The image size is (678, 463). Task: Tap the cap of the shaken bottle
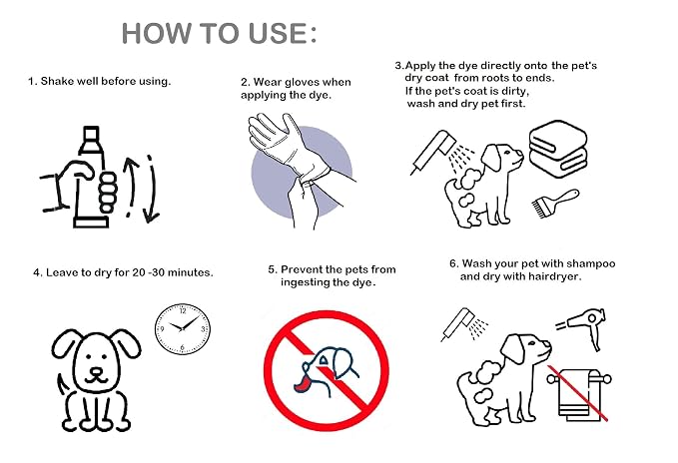click(x=91, y=134)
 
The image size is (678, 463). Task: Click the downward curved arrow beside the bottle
click(x=151, y=190)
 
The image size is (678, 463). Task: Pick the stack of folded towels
click(x=558, y=149)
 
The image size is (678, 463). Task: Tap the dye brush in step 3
click(x=555, y=203)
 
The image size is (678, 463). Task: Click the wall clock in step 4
click(x=183, y=328)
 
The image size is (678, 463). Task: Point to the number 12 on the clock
click(x=183, y=310)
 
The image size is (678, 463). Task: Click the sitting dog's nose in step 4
click(x=96, y=371)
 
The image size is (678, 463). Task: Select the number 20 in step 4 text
click(x=139, y=272)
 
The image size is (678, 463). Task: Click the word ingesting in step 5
click(x=305, y=283)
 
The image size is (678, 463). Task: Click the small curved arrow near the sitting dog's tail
click(x=62, y=386)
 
